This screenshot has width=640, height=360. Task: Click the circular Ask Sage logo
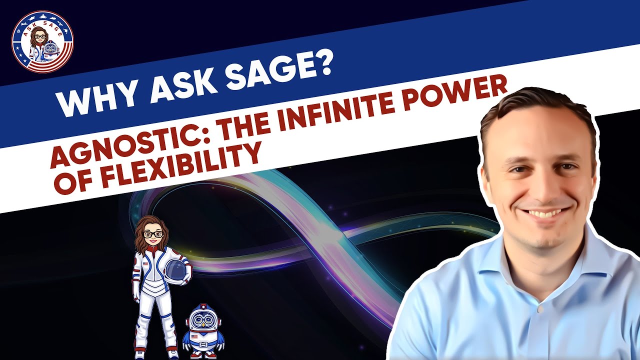42,42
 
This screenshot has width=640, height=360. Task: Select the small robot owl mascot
203,330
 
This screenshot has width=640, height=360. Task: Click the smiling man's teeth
542,213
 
